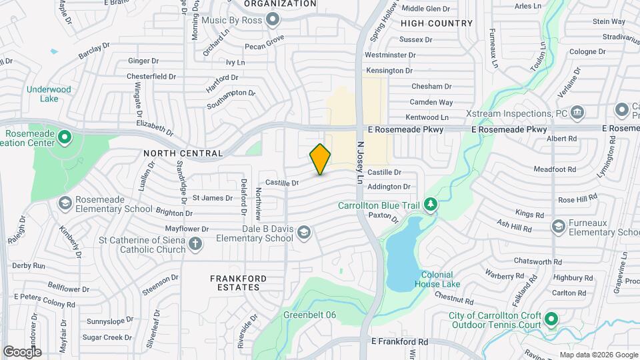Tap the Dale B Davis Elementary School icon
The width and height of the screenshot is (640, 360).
coord(304,232)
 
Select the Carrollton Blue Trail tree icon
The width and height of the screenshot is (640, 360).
coord(431,205)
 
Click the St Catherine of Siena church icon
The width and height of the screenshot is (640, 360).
coord(195,244)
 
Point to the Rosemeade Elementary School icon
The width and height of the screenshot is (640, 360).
coord(65,203)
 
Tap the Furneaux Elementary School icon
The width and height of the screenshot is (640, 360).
coord(558,227)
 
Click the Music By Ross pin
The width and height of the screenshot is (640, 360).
coord(272,20)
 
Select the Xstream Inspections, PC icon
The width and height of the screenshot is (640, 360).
coord(577,110)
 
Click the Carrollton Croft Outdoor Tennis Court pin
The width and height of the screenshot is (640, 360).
coord(551,320)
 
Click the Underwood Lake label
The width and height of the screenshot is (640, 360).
coord(49,94)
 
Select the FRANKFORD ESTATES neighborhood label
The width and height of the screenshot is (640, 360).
coord(238,283)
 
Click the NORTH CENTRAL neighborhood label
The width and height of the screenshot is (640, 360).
coord(183,153)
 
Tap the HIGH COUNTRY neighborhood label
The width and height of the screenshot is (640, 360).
coord(437,23)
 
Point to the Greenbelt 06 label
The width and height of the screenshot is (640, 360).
coord(309,315)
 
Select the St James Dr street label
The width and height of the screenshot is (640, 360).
coord(212,197)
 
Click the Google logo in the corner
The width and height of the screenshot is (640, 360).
coord(22,351)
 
